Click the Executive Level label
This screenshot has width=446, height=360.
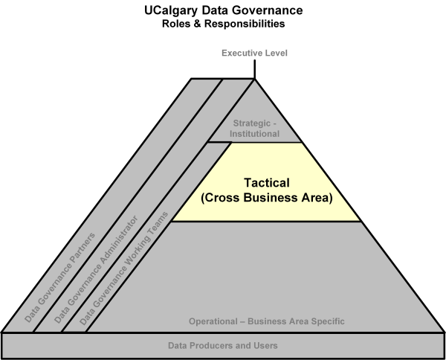pyautogui.click(x=253, y=54)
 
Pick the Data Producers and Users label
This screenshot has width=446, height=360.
pyautogui.click(x=223, y=345)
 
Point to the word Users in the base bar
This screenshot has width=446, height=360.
pyautogui.click(x=266, y=345)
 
